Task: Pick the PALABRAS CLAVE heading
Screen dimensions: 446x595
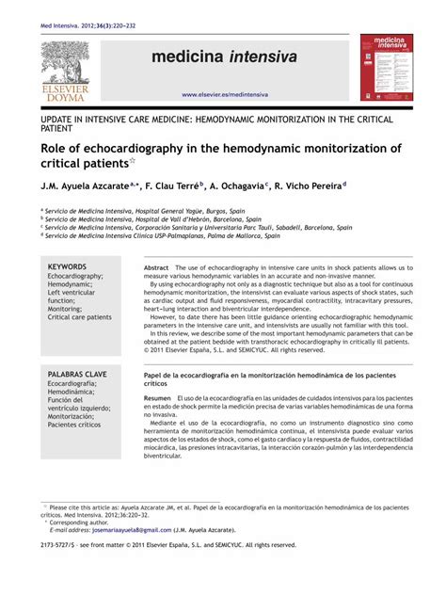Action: point(77,375)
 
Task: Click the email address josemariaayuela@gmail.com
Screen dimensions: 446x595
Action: point(133,530)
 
